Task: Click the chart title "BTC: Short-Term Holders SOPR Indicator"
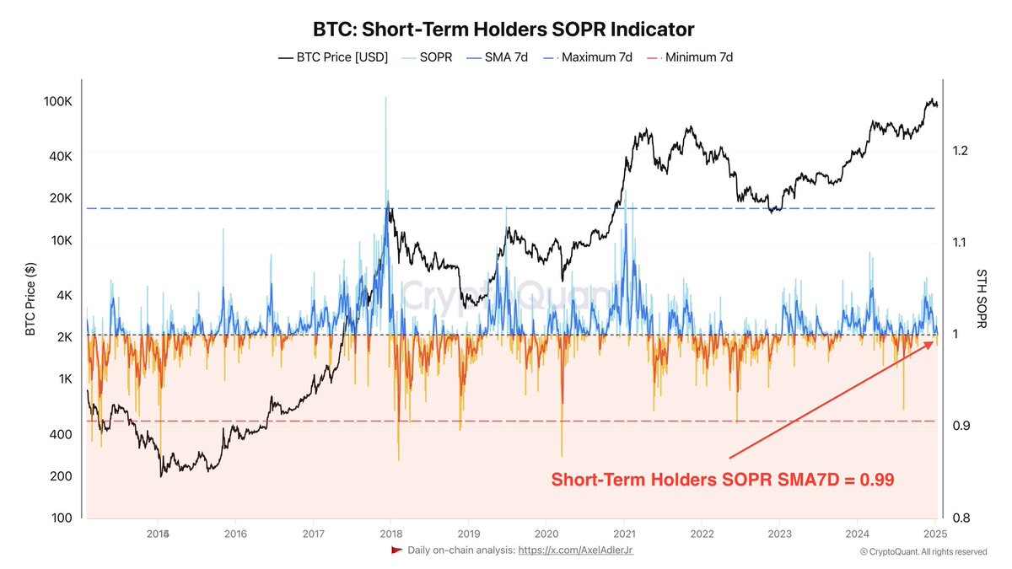click(x=503, y=30)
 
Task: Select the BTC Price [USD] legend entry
click(x=333, y=58)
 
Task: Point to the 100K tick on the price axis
click(x=57, y=101)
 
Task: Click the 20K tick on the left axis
click(x=61, y=199)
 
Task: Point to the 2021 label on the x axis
click(x=624, y=534)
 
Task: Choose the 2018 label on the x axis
click(x=390, y=534)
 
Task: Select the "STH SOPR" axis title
click(x=982, y=299)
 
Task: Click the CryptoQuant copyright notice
click(x=923, y=552)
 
